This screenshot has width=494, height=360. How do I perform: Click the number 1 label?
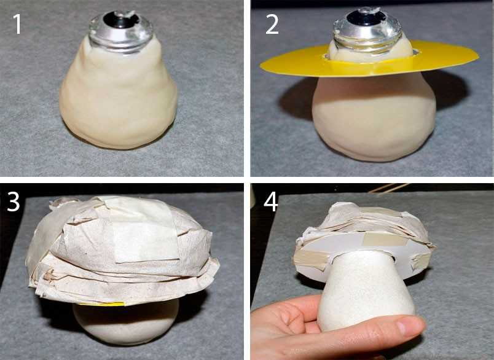click(x=17, y=24)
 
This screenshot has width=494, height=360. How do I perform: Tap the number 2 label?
click(x=272, y=24)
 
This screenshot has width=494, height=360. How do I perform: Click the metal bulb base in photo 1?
click(x=120, y=31)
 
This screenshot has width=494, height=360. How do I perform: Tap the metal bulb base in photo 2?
click(x=368, y=31)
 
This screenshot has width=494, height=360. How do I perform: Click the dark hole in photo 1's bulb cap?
click(x=121, y=20)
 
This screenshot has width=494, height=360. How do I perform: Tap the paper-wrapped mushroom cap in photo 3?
click(x=123, y=249)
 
